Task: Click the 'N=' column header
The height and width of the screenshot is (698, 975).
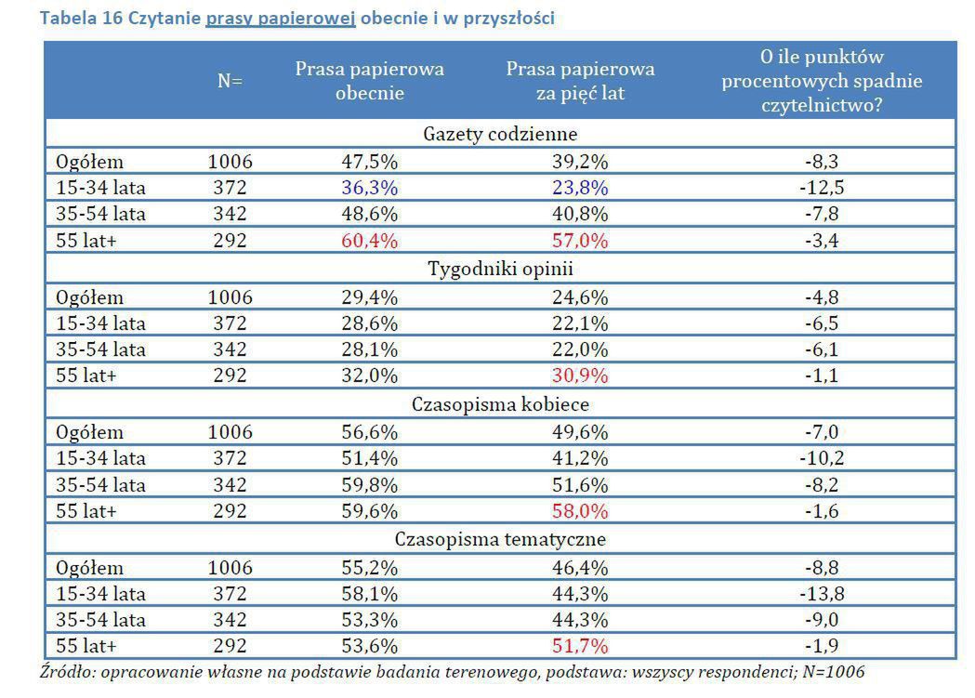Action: [230, 81]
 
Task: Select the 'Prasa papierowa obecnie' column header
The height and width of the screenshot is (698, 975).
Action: [369, 81]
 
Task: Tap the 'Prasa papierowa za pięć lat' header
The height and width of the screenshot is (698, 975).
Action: [580, 81]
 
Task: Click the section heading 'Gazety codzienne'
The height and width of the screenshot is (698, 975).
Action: [500, 134]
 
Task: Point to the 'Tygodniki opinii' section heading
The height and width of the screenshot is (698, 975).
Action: [500, 270]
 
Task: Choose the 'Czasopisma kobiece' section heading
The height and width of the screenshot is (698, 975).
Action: [500, 404]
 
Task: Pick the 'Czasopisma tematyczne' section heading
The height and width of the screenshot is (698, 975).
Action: [500, 539]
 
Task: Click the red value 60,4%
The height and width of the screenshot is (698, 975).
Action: [369, 242]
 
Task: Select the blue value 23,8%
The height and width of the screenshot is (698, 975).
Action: [580, 188]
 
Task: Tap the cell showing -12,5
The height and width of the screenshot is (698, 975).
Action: [822, 188]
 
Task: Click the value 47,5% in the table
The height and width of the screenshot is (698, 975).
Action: [369, 162]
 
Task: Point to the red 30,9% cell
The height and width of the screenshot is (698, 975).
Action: [580, 376]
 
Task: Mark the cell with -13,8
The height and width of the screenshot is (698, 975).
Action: [822, 593]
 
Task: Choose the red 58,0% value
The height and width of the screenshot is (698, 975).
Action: [580, 512]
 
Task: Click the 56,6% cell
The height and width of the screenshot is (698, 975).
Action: [369, 432]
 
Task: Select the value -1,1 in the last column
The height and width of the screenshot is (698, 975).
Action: [822, 376]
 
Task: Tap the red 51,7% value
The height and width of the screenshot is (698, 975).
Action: [580, 647]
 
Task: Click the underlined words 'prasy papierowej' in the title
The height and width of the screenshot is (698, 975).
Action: [281, 19]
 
